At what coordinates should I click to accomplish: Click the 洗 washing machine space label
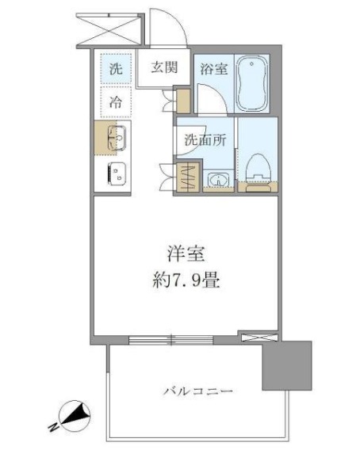[116, 69]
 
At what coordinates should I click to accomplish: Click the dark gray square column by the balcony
[287, 365]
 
